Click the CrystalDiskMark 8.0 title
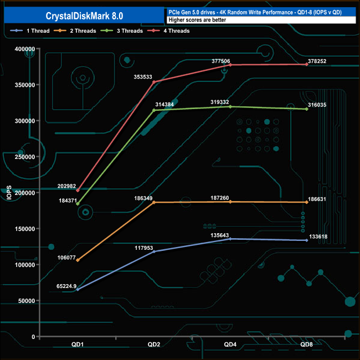tap(84, 16)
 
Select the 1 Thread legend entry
tap(30, 31)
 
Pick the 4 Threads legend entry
tap(168, 31)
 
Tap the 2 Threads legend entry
tap(75, 31)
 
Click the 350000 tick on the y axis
tap(25, 85)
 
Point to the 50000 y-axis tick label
tap(27, 301)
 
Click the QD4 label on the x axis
tap(230, 344)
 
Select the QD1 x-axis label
tap(78, 344)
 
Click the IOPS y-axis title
tap(9, 193)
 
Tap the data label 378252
tap(317, 61)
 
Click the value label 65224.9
tap(66, 286)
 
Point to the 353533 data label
tap(143, 77)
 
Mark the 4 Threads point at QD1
tap(78, 191)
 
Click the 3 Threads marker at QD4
tap(230, 107)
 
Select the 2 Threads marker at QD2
tap(154, 202)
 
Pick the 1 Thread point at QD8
tap(307, 240)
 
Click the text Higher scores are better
tap(197, 20)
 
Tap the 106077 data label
tap(66, 258)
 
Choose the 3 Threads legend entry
tap(122, 31)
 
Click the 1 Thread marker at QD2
tap(154, 251)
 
